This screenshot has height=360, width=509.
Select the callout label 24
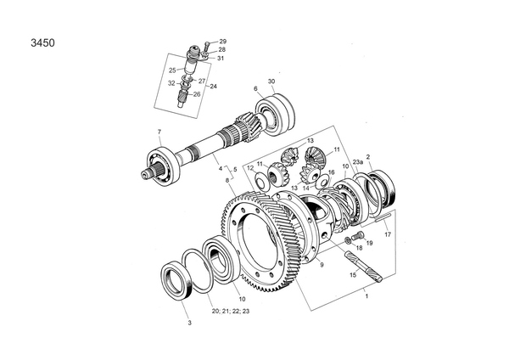(213, 87)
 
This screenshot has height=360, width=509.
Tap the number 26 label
(197, 94)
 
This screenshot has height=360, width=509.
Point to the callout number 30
(271, 82)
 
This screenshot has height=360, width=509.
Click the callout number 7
(159, 131)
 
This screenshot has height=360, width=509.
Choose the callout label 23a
(357, 160)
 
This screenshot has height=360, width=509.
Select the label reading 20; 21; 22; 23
(231, 312)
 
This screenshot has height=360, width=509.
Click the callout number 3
(189, 323)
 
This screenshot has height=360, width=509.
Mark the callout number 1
(366, 297)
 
